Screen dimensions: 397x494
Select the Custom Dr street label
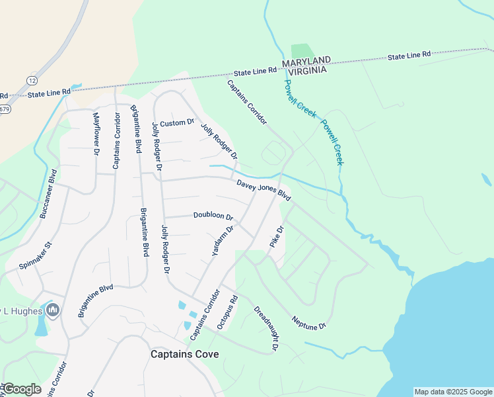(177, 123)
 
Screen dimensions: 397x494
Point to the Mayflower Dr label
(96, 134)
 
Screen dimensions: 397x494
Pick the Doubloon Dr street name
(213, 216)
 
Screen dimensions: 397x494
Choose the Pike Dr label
(276, 238)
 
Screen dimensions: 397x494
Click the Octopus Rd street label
(227, 312)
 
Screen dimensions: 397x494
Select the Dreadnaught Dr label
(267, 328)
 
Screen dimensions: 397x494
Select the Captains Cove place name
(184, 354)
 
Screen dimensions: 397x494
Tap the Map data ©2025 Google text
(453, 392)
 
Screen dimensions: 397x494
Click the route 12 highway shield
(31, 80)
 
